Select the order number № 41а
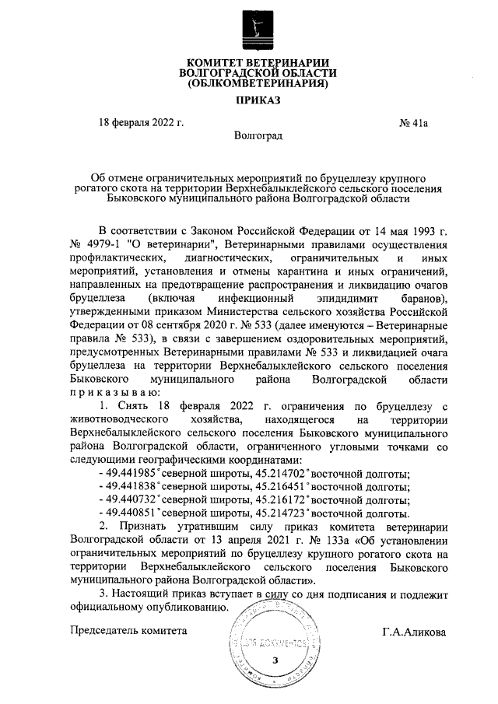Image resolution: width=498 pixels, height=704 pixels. [414, 122]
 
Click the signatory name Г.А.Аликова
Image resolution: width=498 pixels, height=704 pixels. [414, 631]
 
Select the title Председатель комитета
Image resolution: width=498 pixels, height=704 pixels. [128, 631]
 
